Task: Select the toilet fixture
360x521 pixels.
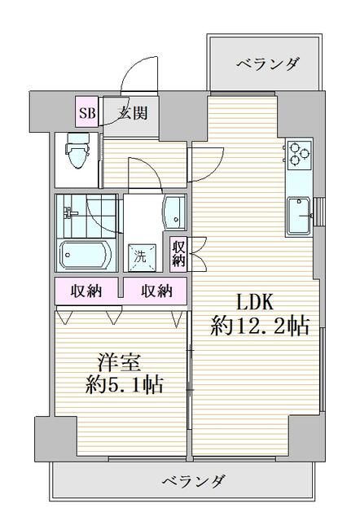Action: point(77,154)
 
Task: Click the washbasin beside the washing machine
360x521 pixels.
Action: point(173,213)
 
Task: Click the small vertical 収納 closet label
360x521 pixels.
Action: point(179,253)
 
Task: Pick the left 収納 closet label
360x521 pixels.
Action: point(86,291)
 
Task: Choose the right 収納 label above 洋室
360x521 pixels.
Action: point(156,291)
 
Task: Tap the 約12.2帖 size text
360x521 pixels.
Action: point(259,327)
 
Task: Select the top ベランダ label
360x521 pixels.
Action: point(269,63)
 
